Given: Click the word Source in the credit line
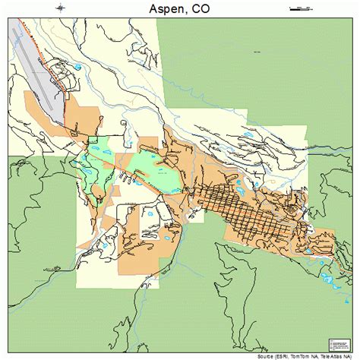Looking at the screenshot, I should pos(265,355).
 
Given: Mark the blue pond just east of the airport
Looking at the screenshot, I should pos(77,68).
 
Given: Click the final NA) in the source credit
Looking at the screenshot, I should pos(351,355).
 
